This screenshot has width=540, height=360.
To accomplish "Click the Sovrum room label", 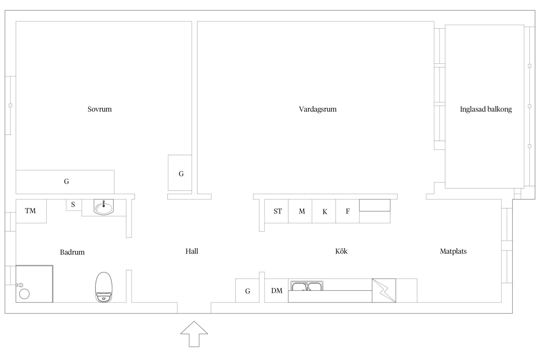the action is tap(100, 109).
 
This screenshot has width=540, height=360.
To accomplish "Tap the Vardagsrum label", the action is tap(318, 109).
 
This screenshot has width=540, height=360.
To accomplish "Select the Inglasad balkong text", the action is tap(486, 109).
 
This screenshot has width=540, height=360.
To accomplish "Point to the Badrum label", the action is tap(72, 252).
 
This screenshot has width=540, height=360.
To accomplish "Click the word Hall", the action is tap(192, 251).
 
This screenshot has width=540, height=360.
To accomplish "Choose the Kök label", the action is tap(341, 251).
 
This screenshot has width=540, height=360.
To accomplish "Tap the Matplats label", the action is tap(453, 251).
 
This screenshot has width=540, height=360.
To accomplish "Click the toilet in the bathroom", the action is tap(104, 287).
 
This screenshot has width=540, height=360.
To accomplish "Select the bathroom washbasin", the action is tap(104, 207).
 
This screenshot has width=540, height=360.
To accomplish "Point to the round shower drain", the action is tap(24, 294).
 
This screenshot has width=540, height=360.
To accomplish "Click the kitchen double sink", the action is tap(307, 286).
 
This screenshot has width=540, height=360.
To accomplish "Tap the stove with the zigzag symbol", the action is tap(384, 291).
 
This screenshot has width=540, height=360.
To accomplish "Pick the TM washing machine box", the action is tap(31, 211).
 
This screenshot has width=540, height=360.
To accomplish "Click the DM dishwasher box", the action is tap(276, 291).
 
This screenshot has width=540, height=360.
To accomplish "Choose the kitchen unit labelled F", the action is tap(348, 211).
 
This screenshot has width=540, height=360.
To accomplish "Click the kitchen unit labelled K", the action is tap(324, 211).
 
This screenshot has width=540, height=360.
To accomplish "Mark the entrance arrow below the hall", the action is tap(194, 334).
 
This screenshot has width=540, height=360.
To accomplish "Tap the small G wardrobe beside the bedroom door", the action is tap(180, 173).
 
